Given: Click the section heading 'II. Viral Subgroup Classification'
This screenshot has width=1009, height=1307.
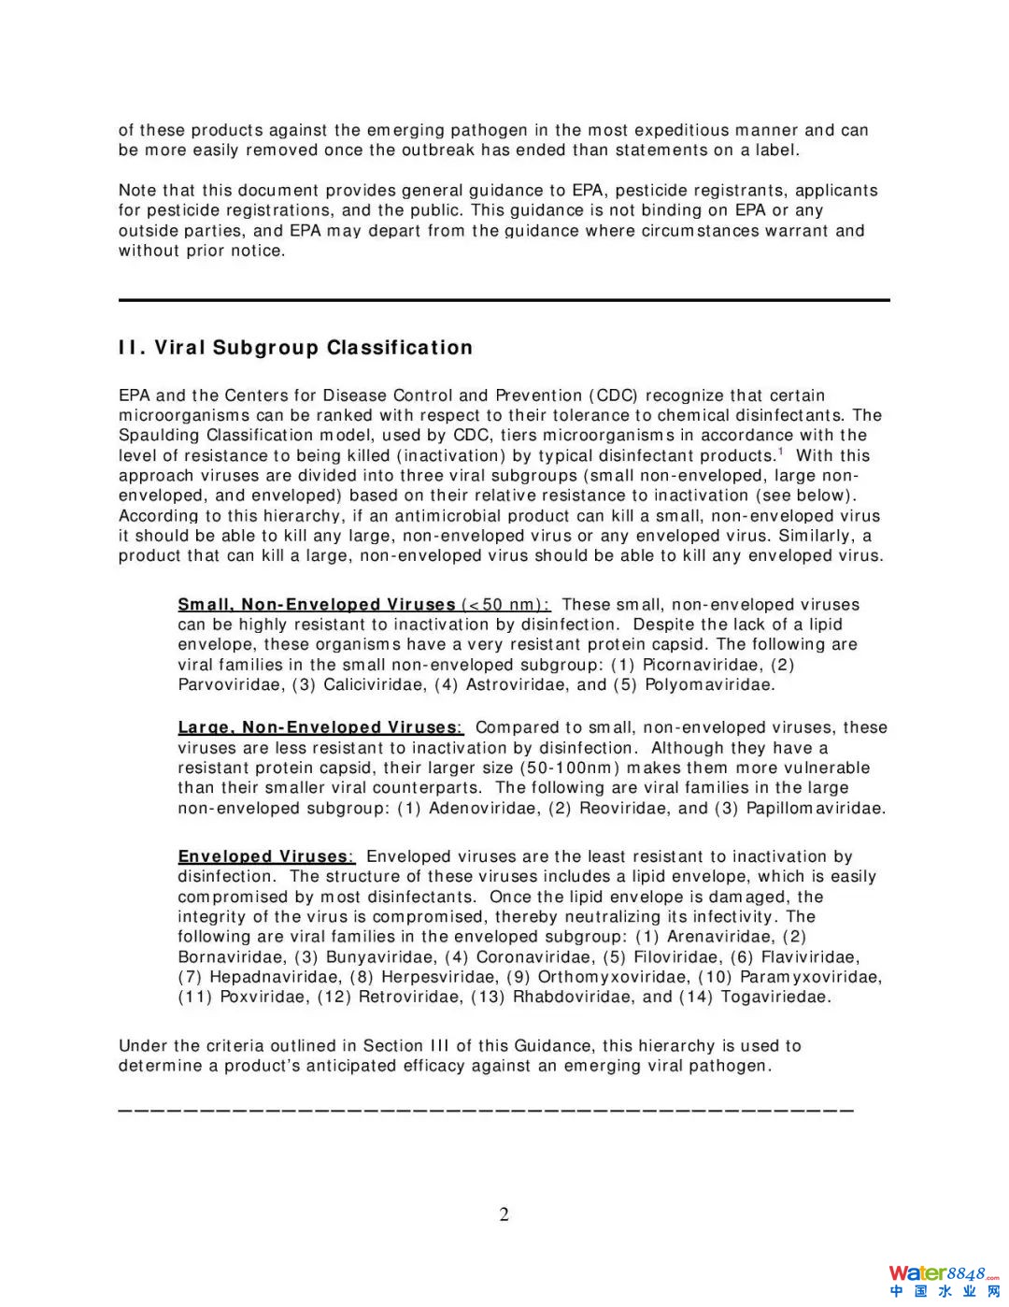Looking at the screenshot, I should point(295,348).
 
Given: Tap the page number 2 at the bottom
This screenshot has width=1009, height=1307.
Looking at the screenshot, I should point(504,1214).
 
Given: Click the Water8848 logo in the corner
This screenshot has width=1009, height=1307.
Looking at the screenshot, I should point(944,1280).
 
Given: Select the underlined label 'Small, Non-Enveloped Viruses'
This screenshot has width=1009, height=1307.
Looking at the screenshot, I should point(317,605).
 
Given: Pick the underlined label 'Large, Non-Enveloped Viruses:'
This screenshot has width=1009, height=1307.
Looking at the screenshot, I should point(320,727).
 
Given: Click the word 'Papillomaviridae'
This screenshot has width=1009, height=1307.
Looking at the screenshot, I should point(815,808).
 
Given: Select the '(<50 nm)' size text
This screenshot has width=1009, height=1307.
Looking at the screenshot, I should point(505,605).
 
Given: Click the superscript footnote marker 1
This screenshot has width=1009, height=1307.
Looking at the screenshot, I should point(780,452).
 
